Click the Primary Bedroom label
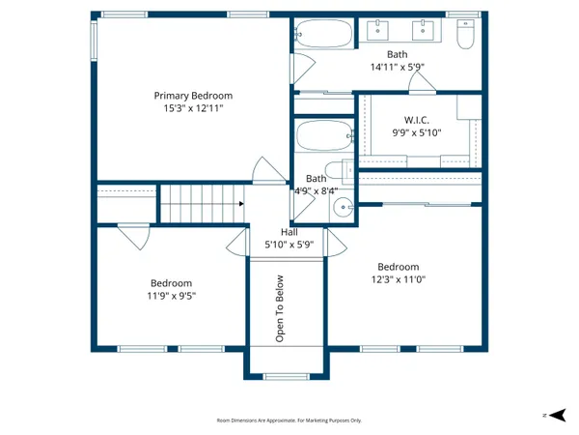click(194, 96)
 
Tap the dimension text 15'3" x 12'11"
click(194, 109)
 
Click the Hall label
click(289, 232)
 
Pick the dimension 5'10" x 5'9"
click(289, 246)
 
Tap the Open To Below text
click(281, 309)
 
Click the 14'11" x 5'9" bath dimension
click(398, 68)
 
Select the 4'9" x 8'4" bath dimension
click(316, 191)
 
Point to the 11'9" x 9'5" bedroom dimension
click(170, 297)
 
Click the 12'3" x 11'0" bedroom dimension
click(398, 280)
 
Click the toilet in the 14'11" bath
click(465, 35)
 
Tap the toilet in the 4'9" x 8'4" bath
click(337, 172)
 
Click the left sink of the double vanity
click(374, 29)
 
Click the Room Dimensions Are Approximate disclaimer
click(289, 420)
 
